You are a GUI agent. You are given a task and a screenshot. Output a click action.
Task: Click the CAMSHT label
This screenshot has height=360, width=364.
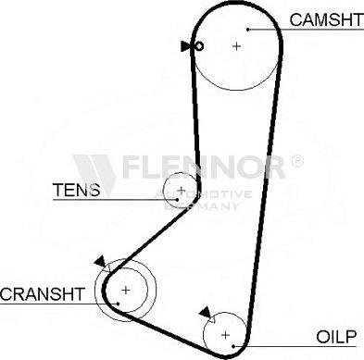tap(321, 19)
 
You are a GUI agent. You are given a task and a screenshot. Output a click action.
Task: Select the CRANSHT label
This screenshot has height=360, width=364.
tap(43, 293)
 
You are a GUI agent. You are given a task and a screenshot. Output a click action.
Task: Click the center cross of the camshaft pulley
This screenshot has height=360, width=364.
tap(236, 45)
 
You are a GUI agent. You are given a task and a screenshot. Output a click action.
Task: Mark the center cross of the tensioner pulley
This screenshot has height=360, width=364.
tap(181, 192)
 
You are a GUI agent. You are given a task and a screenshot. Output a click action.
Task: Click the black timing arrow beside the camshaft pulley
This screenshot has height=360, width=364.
tap(186, 45)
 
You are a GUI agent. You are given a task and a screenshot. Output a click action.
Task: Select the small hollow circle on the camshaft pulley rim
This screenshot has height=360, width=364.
tap(198, 45)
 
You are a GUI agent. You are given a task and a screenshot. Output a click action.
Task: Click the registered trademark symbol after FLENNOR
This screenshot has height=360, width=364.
tap(296, 162)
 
